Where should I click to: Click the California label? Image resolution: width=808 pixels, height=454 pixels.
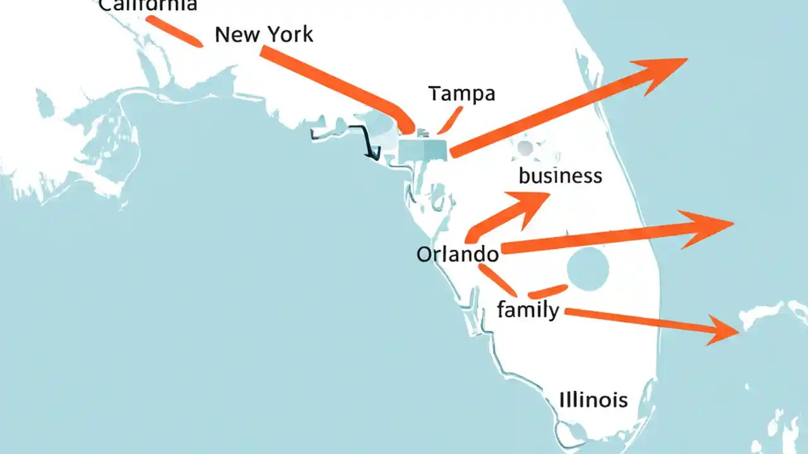click(148, 5)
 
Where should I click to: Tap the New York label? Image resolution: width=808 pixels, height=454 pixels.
click(264, 34)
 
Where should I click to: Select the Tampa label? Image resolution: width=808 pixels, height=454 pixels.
click(461, 93)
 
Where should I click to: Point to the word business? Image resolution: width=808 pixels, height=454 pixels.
click(560, 175)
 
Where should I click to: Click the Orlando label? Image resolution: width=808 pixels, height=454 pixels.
click(458, 254)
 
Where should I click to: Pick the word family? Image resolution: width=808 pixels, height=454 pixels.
click(528, 310)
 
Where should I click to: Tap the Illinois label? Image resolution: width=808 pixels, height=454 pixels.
click(593, 400)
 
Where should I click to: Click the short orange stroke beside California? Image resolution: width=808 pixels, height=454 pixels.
click(174, 31)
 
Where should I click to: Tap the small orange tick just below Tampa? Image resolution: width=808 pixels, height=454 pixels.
click(449, 120)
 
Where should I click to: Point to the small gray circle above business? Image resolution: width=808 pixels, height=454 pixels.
click(525, 149)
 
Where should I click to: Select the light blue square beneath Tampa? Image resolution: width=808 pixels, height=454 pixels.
click(424, 148)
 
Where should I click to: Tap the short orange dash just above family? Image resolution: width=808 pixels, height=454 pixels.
click(547, 291)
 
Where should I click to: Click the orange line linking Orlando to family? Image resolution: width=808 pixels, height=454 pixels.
click(499, 281)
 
